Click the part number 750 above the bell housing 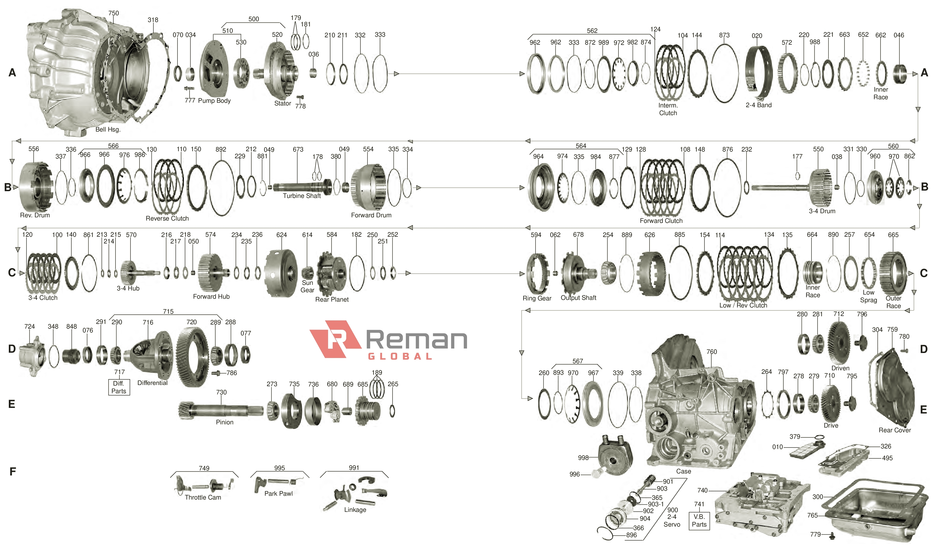coord(113,13)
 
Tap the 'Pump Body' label coord(214,101)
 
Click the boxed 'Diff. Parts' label coord(119,387)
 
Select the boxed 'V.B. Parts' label coord(699,520)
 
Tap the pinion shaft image coord(221,410)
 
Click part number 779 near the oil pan coord(815,534)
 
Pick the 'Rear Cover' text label coord(894,430)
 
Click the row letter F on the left coord(12,472)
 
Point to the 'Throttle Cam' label coord(203,497)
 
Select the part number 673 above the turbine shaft coord(298,149)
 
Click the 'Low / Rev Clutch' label coord(743,305)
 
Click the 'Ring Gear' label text coord(536,298)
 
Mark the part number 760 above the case coord(711,352)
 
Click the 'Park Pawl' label coord(278,493)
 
